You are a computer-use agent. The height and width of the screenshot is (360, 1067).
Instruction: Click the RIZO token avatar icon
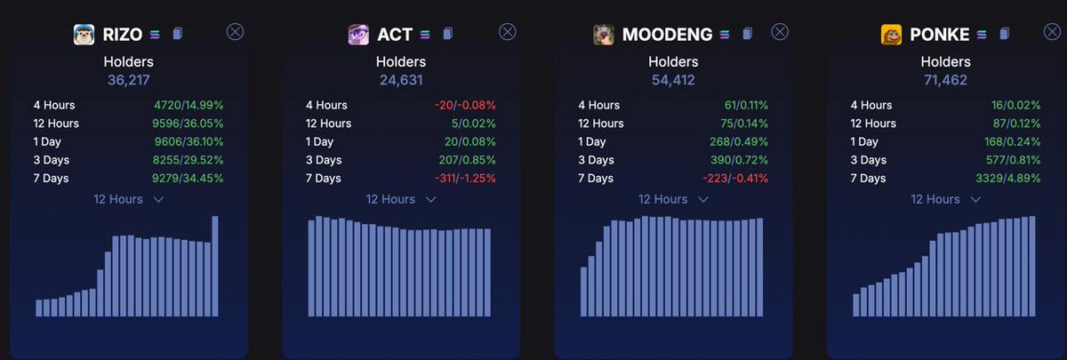click(84, 35)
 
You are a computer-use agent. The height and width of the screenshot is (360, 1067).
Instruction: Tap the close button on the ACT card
click(507, 32)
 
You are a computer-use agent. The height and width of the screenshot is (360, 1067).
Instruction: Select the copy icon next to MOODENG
click(747, 35)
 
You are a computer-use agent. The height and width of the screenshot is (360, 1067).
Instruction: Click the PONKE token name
click(939, 35)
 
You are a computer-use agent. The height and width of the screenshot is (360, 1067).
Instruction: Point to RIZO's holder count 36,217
click(129, 80)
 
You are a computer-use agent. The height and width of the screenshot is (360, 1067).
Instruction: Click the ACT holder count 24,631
click(401, 80)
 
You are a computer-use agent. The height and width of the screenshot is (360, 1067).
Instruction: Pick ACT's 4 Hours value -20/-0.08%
click(465, 105)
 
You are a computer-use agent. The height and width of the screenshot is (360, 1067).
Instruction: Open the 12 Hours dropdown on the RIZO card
click(129, 199)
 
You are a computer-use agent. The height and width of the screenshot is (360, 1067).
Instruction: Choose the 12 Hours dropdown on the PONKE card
click(946, 199)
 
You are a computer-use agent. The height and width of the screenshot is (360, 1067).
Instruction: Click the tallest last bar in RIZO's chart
click(215, 266)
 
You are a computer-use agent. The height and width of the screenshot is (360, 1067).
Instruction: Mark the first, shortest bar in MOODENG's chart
click(584, 292)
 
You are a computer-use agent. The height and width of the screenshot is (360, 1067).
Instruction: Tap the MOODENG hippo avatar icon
click(604, 35)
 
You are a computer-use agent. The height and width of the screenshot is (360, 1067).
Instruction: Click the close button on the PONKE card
click(1051, 32)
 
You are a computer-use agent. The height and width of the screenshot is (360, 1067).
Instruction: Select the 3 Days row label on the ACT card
click(325, 160)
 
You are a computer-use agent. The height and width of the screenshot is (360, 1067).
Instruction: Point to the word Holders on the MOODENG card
click(673, 62)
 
